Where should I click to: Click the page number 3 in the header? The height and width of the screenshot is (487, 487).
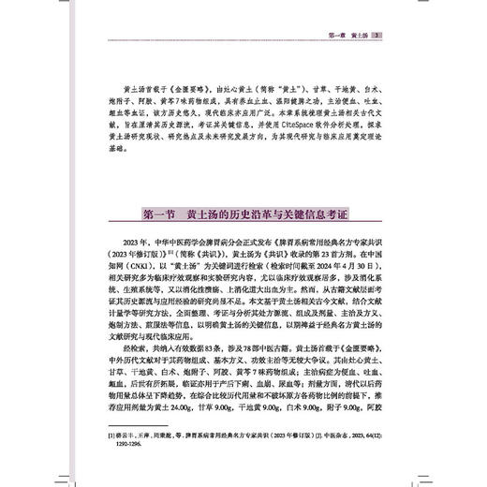pyautogui.click(x=375, y=37)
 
